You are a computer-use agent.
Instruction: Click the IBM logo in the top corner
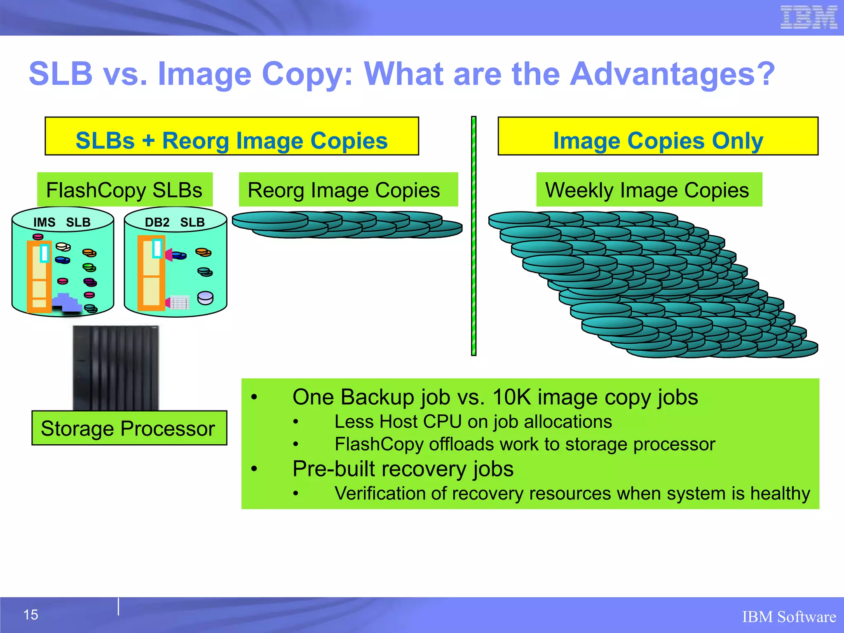coord(809,18)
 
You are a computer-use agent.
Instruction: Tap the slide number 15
coord(31,615)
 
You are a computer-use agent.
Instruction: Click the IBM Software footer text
coord(789,617)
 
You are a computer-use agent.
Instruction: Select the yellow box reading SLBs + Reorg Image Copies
coord(232,136)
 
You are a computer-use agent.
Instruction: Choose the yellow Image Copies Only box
coord(658,136)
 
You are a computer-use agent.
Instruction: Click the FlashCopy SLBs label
coord(124,190)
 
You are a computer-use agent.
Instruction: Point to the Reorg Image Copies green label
coord(348,190)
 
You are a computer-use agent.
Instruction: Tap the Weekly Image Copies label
coord(649,190)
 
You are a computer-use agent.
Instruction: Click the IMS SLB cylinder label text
coord(62,223)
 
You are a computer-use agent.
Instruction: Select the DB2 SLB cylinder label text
coord(175,223)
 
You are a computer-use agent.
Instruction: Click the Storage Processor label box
coord(129,428)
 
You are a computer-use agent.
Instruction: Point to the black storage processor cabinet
coord(116,367)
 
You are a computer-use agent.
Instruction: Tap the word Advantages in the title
coord(673,74)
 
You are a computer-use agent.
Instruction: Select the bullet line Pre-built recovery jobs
coord(403,469)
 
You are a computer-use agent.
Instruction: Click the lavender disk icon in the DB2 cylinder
coord(205,298)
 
